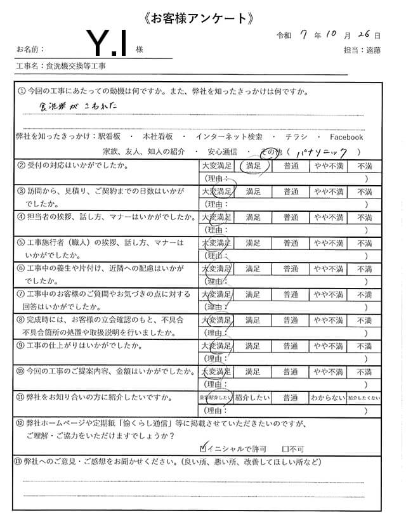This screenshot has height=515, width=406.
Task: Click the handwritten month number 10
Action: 331,34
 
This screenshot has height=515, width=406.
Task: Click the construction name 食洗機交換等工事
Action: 75,66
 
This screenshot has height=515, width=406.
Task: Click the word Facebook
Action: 346,137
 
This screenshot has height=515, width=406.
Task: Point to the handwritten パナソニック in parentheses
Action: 324,152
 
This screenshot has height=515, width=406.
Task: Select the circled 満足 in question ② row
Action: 254,166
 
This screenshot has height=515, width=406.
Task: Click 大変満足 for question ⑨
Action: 216,346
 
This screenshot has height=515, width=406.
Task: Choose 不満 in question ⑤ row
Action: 364,243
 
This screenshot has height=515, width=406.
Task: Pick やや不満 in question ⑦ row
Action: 329,295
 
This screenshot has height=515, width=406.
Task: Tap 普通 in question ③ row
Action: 291,191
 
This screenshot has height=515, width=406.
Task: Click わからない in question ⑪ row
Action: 328,398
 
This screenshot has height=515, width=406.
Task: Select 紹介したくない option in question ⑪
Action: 364,398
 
